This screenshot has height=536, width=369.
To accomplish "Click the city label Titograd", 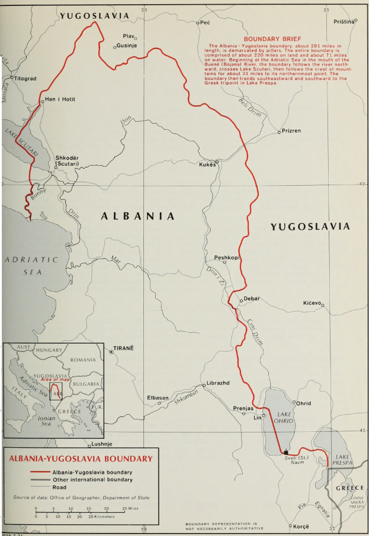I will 25,78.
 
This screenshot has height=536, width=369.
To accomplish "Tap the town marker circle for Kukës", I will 217,162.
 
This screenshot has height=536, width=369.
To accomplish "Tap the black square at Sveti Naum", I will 286,451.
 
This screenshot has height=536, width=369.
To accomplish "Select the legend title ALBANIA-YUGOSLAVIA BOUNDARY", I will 79,458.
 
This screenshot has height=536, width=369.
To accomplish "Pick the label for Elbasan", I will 158,398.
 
